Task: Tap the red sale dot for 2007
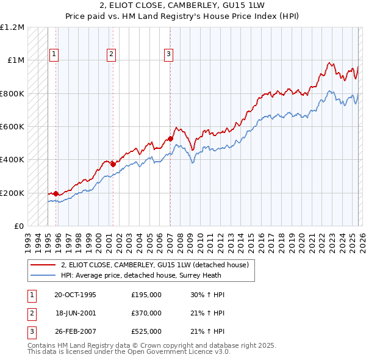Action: click(170, 139)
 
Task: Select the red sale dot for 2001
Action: click(113, 164)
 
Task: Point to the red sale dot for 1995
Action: click(56, 193)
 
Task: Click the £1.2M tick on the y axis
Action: click(12, 27)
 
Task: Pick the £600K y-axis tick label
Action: click(12, 127)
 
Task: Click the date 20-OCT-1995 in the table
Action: click(75, 295)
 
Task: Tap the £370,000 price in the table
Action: click(146, 313)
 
